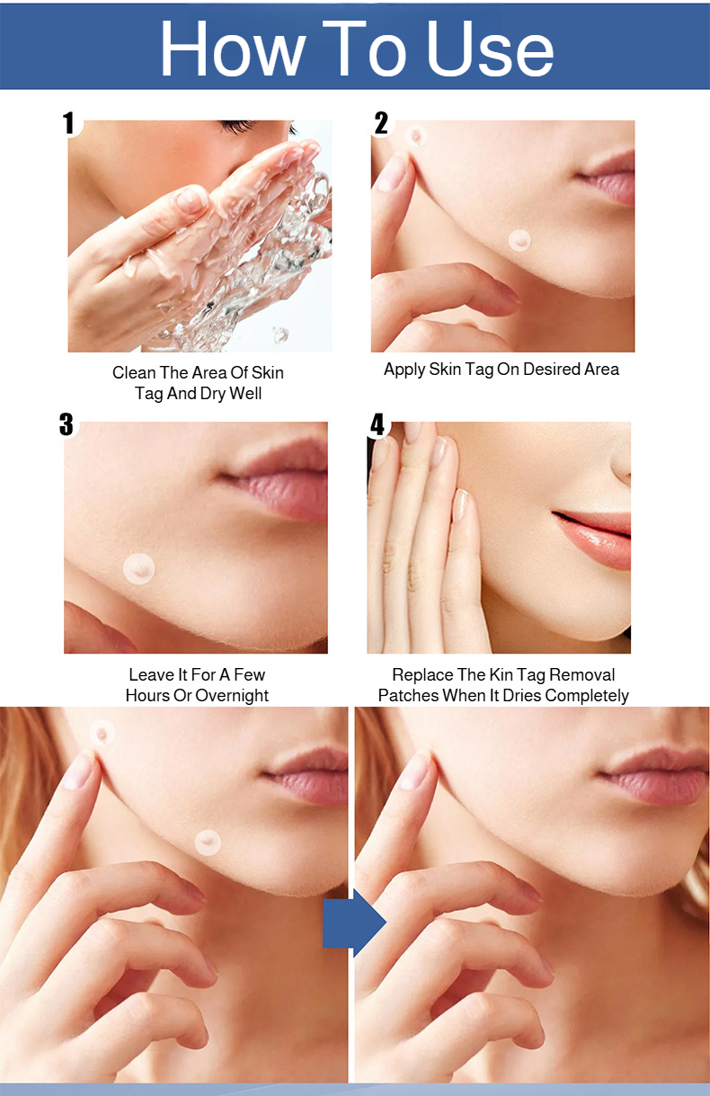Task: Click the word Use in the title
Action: (491, 49)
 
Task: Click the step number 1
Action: (69, 122)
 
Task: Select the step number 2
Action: (381, 122)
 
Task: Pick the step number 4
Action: (377, 423)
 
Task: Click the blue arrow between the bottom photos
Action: (354, 922)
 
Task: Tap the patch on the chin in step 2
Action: (519, 240)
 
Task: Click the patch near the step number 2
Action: (416, 136)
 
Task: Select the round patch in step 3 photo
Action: (139, 568)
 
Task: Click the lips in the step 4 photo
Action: (591, 539)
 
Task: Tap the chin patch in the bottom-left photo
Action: (208, 842)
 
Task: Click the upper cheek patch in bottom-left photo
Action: (102, 733)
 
